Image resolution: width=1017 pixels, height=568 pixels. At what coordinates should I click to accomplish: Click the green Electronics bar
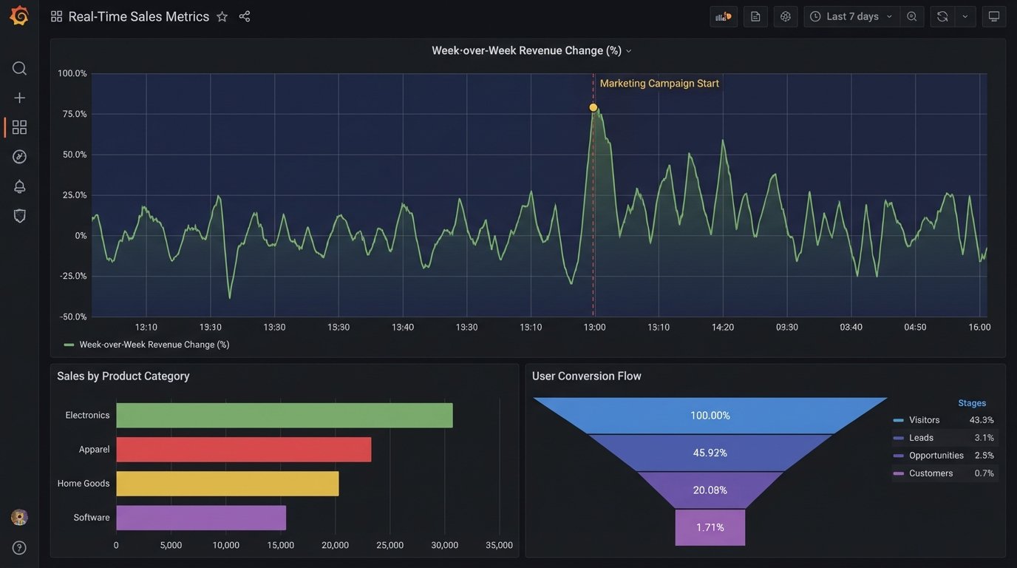coord(284,416)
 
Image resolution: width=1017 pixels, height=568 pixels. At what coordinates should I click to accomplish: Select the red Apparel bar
coord(243,450)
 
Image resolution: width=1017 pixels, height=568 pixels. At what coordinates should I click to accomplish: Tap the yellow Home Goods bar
coord(227,484)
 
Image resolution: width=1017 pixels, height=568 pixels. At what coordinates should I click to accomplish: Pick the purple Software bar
coord(200,518)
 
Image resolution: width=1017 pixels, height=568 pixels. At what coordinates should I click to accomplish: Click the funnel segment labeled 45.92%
coord(710,453)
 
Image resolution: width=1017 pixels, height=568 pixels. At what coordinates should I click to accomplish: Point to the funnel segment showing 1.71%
coord(710,527)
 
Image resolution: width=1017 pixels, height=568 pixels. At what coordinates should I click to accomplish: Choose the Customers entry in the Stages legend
coord(931,473)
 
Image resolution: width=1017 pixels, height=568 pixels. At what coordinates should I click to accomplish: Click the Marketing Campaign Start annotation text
coord(659,84)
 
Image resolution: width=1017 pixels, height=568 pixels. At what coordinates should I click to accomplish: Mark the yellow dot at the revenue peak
coord(593,108)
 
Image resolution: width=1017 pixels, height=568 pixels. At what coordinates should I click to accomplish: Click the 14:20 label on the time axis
coord(722,327)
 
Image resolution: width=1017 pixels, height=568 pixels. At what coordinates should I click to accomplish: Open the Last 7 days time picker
coord(852,16)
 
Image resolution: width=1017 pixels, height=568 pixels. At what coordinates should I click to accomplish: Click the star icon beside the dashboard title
coord(222,16)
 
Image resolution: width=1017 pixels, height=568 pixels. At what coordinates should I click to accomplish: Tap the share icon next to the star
coord(245,16)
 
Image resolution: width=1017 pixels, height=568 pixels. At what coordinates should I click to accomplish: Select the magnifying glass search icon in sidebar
coord(19,69)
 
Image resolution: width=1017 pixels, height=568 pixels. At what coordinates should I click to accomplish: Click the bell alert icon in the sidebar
coord(19,186)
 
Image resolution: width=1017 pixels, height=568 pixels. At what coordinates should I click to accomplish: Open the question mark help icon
coord(19,547)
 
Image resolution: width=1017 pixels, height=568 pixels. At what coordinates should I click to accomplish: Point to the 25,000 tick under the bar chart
coord(390,545)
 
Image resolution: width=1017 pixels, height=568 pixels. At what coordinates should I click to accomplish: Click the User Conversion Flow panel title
coord(586,376)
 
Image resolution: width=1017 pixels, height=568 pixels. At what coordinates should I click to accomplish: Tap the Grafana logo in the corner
coord(19,16)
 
